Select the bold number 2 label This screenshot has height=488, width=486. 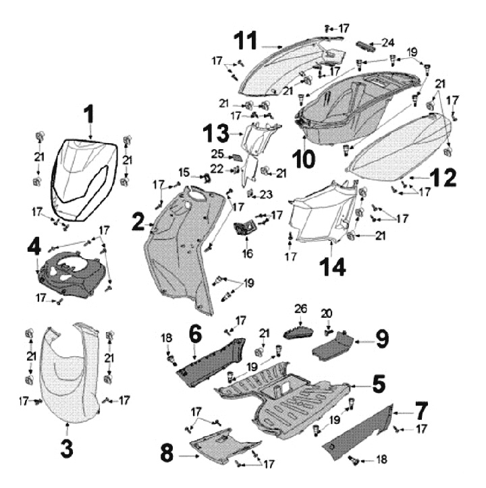tap(138, 220)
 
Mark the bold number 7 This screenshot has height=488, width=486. tap(421, 410)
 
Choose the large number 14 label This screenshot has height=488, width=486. tap(333, 265)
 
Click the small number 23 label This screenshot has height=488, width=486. tap(266, 194)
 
